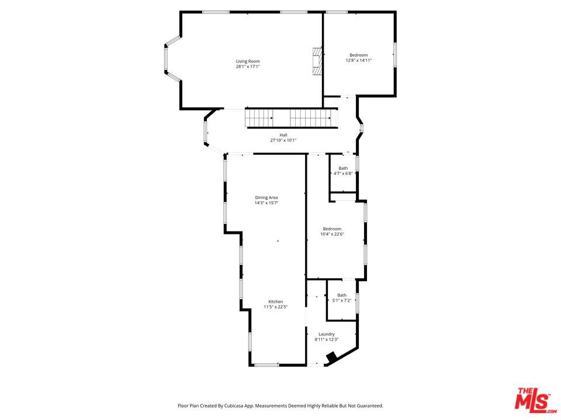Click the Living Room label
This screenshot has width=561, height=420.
(x=248, y=61)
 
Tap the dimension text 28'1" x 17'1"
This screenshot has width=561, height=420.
(x=248, y=66)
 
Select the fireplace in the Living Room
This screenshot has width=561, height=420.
(x=317, y=61)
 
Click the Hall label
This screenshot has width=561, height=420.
(x=283, y=135)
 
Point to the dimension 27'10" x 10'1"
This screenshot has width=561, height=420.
(x=283, y=141)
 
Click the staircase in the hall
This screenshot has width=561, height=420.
(x=292, y=118)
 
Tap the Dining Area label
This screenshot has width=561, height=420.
(x=266, y=198)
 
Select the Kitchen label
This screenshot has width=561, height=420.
(x=276, y=302)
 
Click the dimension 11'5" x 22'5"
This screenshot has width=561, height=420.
(x=276, y=307)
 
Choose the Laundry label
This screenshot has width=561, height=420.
(x=326, y=334)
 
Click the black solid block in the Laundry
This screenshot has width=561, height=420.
(x=332, y=357)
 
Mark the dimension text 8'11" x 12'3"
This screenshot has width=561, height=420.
(x=326, y=339)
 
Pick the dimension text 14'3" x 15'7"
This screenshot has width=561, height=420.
(x=266, y=203)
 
